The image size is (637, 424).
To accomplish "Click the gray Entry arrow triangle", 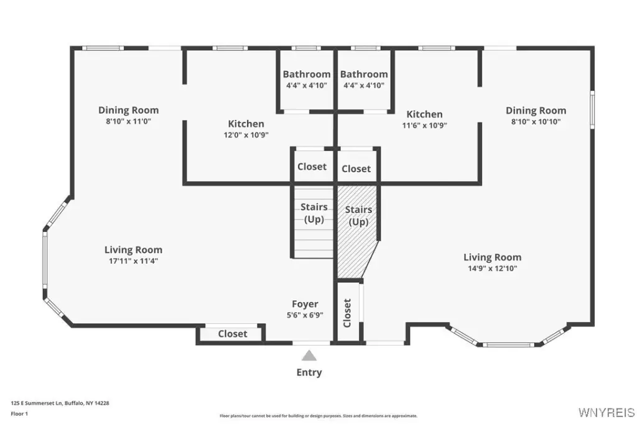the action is tap(309, 356).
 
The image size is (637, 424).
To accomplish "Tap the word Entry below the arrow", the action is tap(309, 372).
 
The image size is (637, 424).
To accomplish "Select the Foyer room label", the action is tap(305, 304).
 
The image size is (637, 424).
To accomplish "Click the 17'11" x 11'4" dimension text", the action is tap(133, 260).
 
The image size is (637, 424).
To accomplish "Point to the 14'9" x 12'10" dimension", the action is tap(493, 268).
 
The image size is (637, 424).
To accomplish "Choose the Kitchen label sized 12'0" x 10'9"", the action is tap(246, 124).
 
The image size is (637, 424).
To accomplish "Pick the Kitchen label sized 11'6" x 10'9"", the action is tap(424, 114).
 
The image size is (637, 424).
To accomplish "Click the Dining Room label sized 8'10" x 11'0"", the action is tap(128, 110).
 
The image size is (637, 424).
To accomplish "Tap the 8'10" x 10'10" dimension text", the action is tap(536, 121).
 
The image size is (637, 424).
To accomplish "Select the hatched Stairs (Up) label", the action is tap(358, 216).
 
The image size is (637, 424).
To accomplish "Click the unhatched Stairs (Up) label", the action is tap(314, 213).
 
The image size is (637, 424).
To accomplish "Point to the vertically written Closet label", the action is tap(347, 313).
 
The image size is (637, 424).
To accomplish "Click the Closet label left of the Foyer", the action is tap(233, 334).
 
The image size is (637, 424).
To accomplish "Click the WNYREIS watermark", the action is tap(607, 412).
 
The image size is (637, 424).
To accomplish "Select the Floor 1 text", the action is tap(19, 414).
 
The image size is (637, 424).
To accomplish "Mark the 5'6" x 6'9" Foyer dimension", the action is tap(305, 315).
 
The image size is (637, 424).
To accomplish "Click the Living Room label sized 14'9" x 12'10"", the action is tap(493, 257).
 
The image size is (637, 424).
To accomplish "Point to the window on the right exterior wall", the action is tap(592, 109).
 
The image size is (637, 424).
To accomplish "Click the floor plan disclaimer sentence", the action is tap(318, 416).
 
